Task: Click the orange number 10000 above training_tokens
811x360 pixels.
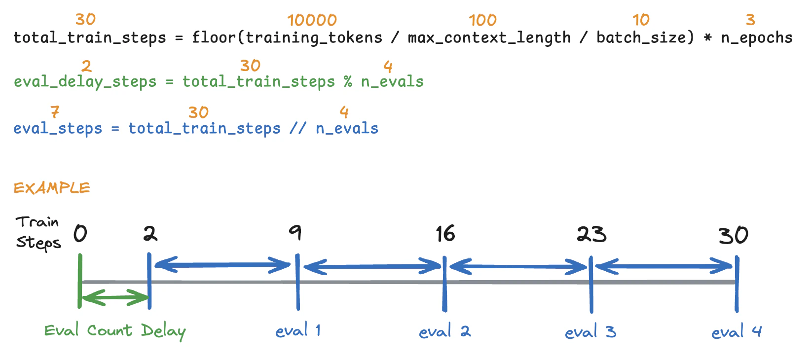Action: [312, 20]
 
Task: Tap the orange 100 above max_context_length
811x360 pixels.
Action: [482, 20]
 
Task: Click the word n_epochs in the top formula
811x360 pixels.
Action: [757, 37]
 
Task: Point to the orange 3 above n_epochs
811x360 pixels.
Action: [750, 20]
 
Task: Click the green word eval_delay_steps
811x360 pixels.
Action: [85, 81]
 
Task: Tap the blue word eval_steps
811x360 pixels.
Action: [58, 128]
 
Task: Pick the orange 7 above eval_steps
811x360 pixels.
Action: [55, 112]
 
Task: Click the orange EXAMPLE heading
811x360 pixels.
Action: [52, 188]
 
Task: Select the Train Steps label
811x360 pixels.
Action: [38, 233]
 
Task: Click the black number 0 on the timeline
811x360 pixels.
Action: [80, 233]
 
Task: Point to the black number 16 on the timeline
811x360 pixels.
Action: [445, 234]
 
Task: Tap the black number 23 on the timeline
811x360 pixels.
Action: [591, 234]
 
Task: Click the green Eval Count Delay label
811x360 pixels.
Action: [114, 331]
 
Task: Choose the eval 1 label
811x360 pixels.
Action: [298, 330]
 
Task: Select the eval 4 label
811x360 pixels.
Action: [737, 331]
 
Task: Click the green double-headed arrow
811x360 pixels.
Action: [114, 297]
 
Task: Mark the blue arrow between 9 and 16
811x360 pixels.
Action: [371, 267]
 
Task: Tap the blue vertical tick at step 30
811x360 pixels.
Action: [737, 284]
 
